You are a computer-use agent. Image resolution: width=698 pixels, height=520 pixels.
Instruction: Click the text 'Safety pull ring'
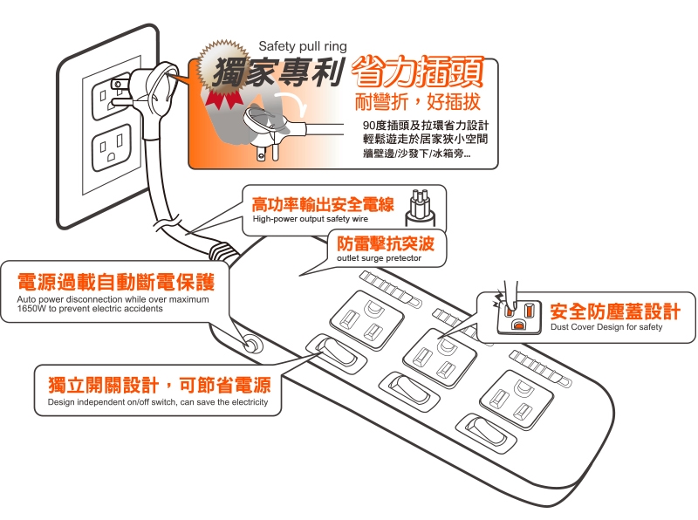302,46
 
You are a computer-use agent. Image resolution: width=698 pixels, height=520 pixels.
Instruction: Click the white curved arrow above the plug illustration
291,105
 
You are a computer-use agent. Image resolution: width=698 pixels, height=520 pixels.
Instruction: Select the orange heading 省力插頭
417,72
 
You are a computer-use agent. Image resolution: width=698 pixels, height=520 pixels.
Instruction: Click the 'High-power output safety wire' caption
311,219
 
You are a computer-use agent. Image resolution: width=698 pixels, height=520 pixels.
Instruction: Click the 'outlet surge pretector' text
379,258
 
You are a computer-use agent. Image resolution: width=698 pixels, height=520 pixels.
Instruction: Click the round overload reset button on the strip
252,345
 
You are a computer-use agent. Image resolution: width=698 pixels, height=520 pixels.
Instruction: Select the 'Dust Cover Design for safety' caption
606,327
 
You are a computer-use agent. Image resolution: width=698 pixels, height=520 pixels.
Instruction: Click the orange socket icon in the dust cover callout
519,317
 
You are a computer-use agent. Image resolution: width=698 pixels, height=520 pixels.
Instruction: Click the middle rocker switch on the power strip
409,392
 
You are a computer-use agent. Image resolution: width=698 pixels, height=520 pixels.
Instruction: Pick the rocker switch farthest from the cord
486,433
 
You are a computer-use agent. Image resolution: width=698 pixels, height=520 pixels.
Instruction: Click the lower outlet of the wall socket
112,147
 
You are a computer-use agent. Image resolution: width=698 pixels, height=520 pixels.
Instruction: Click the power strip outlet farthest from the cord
517,400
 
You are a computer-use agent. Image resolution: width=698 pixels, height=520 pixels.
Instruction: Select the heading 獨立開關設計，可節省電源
160,385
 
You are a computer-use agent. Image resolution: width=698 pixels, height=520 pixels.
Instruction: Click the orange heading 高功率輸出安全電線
323,204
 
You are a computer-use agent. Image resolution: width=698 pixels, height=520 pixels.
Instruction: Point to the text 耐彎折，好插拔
418,101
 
